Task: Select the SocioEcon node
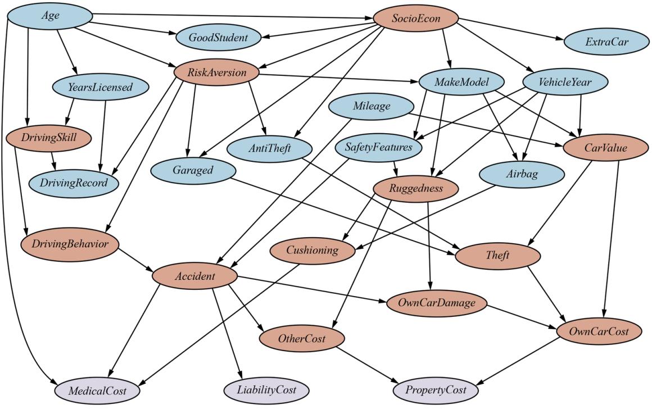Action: (x=416, y=20)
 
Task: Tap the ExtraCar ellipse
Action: (x=606, y=42)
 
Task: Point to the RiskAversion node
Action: (x=217, y=72)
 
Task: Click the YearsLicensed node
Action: (x=101, y=87)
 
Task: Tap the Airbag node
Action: (x=522, y=174)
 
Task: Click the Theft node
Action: (x=497, y=256)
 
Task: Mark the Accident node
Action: (x=194, y=276)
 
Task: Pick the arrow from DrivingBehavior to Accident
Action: (x=135, y=259)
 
